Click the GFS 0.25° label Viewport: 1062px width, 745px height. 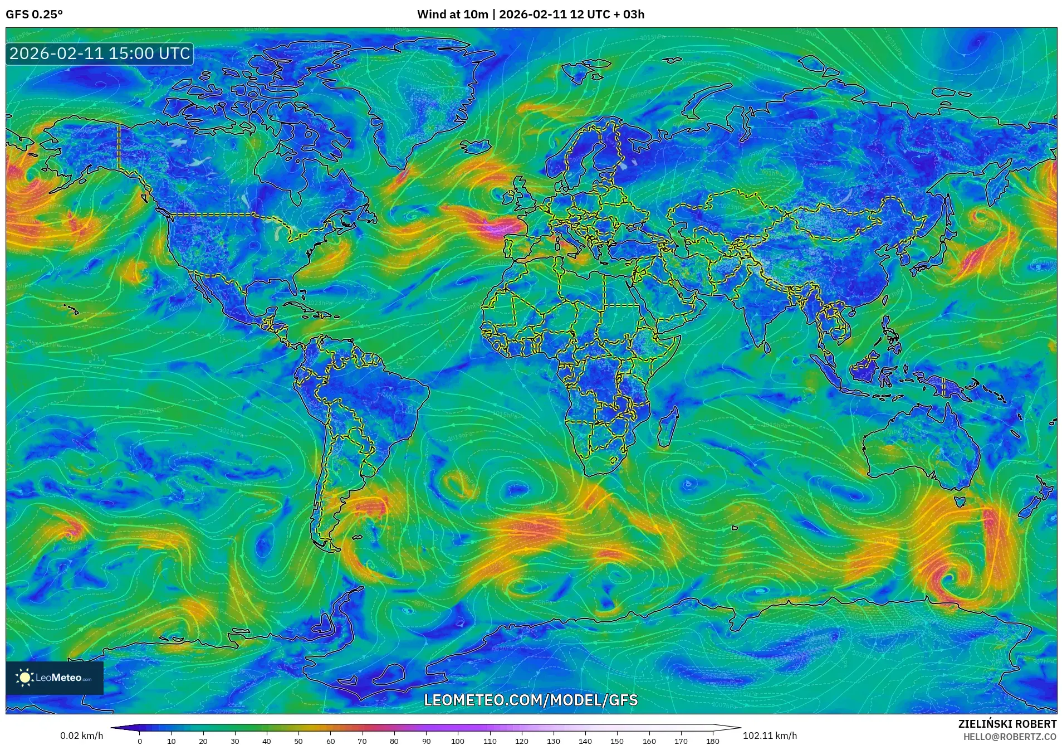[x=34, y=14]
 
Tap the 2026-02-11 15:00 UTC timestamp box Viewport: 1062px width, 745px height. [x=100, y=53]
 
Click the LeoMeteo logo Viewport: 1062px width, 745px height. [x=55, y=678]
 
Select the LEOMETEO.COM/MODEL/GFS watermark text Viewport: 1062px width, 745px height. [x=531, y=700]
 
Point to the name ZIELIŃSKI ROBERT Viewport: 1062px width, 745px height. [x=1007, y=724]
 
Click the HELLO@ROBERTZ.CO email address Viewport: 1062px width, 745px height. [x=1010, y=737]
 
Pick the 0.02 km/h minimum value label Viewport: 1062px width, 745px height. [x=81, y=736]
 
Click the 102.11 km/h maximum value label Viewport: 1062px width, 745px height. [x=770, y=736]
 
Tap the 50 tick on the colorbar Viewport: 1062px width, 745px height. [x=298, y=741]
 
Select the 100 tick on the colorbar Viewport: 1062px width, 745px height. [x=458, y=741]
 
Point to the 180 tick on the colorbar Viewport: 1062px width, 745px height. [x=713, y=741]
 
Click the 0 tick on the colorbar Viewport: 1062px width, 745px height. [x=140, y=741]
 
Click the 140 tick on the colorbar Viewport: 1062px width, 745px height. [x=585, y=741]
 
